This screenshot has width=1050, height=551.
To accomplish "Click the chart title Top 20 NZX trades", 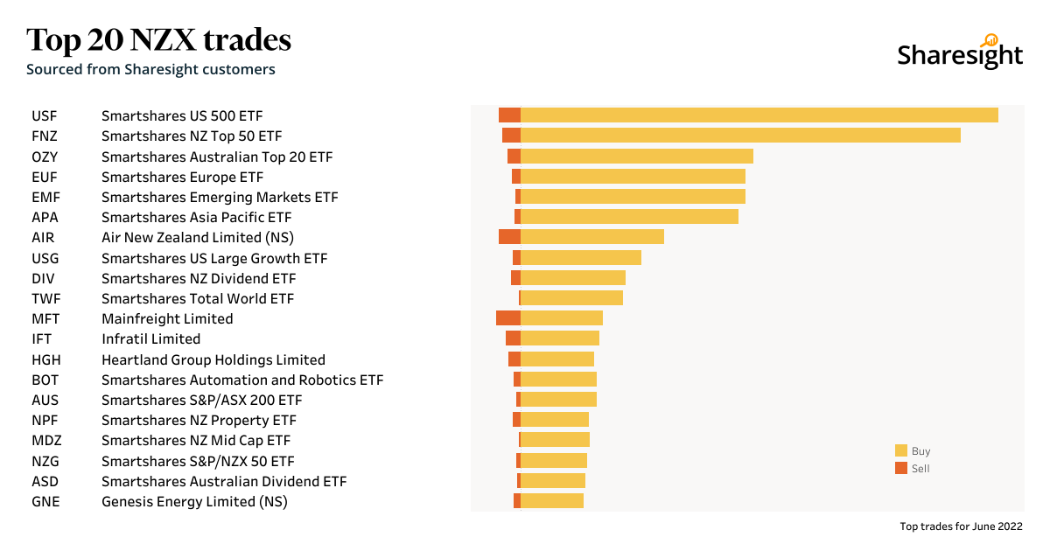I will [x=158, y=40].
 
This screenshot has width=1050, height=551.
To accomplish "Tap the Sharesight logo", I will [x=960, y=53].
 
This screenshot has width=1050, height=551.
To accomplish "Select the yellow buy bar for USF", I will [x=759, y=115].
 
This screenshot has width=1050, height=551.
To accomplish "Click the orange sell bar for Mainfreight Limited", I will [x=507, y=318].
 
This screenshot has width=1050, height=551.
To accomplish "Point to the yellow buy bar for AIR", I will [x=591, y=237].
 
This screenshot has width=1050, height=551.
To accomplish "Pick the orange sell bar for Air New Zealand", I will [x=509, y=237].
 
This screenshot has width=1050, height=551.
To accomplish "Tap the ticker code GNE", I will [x=45, y=502].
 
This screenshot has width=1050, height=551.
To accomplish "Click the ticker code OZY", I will [x=45, y=157].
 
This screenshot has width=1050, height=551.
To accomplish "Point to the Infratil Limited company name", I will [x=150, y=339].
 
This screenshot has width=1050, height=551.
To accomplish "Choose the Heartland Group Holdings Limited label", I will [x=213, y=359].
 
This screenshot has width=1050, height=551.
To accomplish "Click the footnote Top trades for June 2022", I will [x=961, y=527].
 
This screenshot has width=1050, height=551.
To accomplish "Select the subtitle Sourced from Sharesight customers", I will [x=150, y=69].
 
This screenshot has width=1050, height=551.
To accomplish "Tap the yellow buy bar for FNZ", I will [x=740, y=136].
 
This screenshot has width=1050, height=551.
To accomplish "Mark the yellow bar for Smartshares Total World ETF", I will [x=571, y=298].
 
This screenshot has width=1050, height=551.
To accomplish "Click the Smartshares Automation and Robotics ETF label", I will [x=242, y=380].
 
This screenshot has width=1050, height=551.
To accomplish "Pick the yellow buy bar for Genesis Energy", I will [x=551, y=501].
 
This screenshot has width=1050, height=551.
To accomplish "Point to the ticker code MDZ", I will [x=46, y=441].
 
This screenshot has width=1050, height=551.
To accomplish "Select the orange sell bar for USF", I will [x=509, y=115].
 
